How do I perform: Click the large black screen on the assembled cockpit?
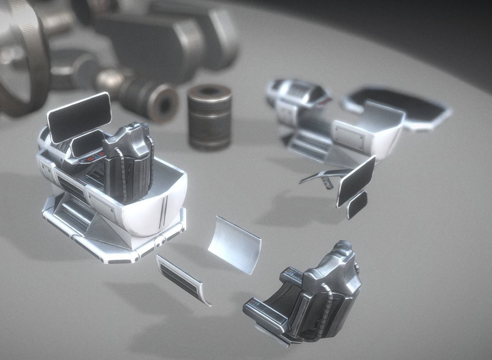(80, 116)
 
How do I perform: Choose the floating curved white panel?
(235, 244)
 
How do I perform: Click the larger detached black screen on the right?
(356, 181)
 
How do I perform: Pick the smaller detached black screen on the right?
(357, 205)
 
